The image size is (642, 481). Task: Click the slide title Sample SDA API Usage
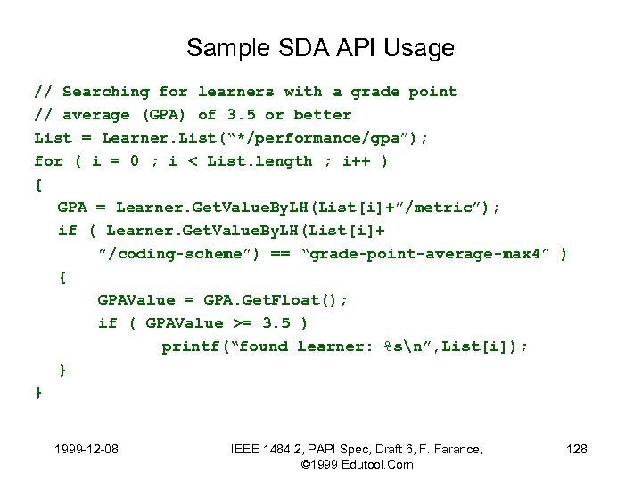pos(320,47)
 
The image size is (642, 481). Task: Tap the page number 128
pos(577,449)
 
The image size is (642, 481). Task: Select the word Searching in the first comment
pos(106,92)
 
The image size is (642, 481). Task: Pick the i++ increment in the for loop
pos(358,161)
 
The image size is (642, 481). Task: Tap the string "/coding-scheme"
pos(179,254)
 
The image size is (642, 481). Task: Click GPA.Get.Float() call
pos(254,300)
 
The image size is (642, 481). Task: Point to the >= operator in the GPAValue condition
pos(243,323)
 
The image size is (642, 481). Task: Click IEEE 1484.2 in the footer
pos(264,449)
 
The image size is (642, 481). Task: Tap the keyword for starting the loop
pos(48,161)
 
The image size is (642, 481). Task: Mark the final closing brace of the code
pos(38,392)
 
